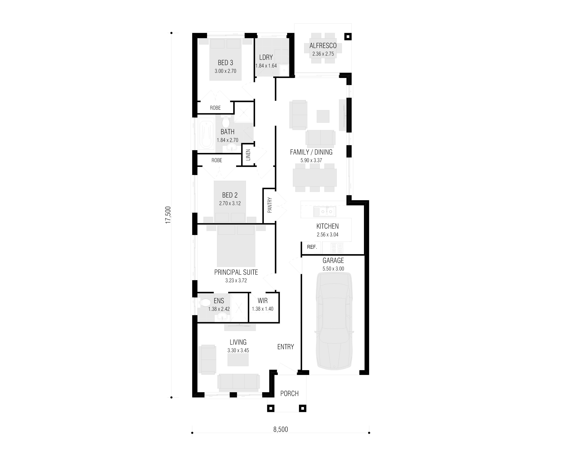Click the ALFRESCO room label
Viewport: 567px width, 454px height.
[x=323, y=46]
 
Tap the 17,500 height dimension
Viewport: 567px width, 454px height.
[x=168, y=215]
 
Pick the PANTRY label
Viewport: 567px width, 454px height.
[x=270, y=205]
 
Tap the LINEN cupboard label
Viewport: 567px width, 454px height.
[x=248, y=155]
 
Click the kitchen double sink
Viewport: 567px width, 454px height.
[x=324, y=211]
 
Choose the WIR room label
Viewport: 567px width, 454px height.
[x=262, y=301]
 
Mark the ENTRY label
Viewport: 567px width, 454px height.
[x=286, y=347]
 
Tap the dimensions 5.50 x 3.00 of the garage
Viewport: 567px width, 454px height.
[x=333, y=269]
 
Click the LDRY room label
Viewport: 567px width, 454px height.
[x=266, y=57]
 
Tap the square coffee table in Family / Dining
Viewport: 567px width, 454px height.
[x=323, y=116]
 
